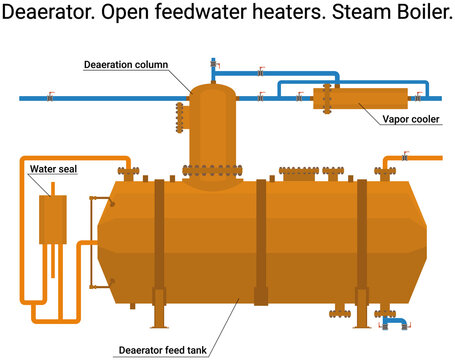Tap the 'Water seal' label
pos(53,169)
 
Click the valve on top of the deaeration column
pos(214,69)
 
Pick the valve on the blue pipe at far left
pos(51,98)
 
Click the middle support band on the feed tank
pos(262,240)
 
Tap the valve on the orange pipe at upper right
pos(404,157)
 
